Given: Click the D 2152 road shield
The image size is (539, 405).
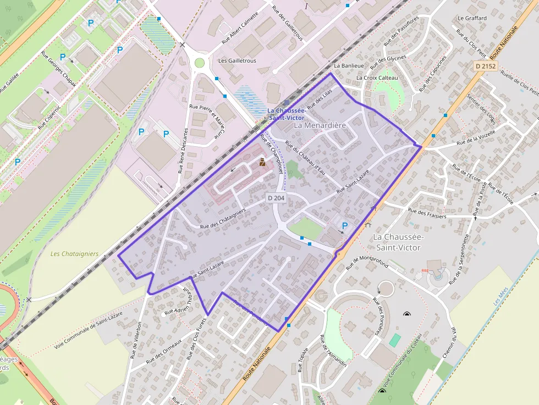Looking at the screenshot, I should click(486, 66).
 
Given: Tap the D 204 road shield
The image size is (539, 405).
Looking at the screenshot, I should click(276, 197).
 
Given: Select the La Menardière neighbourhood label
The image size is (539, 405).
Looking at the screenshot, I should click(320, 125).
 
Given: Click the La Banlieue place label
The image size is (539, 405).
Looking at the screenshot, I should click(345, 66).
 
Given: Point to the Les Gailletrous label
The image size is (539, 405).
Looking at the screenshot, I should click(237, 60).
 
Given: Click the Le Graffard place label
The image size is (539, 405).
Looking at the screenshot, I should click(472, 18).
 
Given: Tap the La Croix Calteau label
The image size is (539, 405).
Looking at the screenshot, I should click(377, 78).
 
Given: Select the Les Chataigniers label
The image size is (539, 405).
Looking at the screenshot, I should click(74, 254).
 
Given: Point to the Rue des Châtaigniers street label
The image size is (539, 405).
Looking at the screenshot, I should click(223, 219).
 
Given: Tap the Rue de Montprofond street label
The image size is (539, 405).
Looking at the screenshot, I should click(367, 263).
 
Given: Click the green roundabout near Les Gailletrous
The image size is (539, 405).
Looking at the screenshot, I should click(199, 63).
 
